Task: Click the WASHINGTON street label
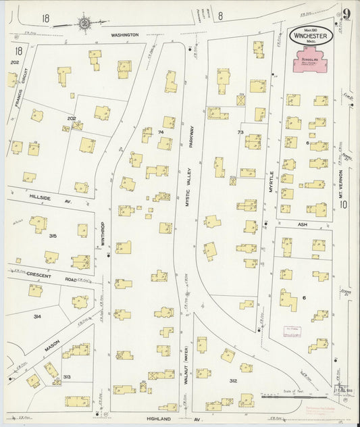125,34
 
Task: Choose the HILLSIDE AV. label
49,197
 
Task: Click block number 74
161,132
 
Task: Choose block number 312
233,381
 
